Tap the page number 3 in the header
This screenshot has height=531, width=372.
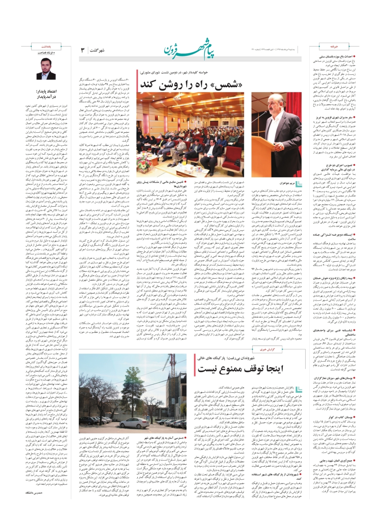83,50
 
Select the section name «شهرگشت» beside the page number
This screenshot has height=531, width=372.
98,50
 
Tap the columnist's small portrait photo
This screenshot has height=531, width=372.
46,68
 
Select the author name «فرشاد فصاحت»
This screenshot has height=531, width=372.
46,53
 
